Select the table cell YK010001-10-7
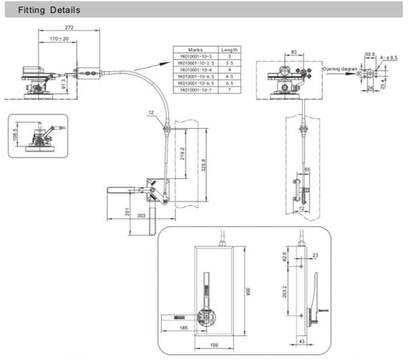192,90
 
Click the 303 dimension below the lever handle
142,216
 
